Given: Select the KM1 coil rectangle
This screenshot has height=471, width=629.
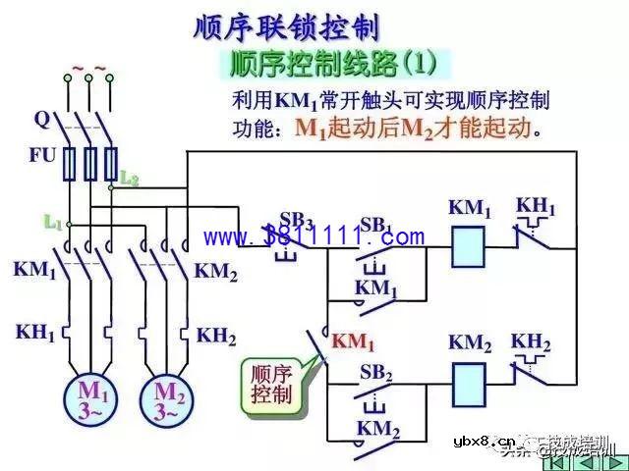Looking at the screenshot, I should tap(470, 247).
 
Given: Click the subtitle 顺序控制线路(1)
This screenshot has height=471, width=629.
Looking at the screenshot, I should tap(331, 65).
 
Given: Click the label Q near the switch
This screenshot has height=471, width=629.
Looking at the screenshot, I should tap(41, 120).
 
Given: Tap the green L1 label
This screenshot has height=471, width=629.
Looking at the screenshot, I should tap(53, 223).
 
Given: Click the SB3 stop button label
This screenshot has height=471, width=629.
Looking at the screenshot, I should tap(296, 220).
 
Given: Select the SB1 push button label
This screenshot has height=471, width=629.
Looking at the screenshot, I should tap(376, 225).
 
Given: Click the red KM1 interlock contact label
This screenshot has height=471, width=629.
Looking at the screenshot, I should tap(354, 342).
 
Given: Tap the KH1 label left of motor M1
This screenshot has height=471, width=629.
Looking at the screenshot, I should tap(35, 333).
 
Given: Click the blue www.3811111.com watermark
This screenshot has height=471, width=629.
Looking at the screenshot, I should tap(314, 236).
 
